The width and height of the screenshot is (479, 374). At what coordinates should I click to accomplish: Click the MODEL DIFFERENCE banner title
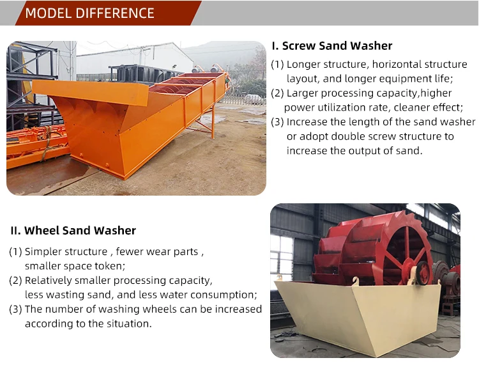[90, 13]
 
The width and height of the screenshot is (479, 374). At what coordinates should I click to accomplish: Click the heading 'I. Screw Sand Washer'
[332, 45]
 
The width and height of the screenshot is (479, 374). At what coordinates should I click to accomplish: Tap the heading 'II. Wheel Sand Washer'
[72, 230]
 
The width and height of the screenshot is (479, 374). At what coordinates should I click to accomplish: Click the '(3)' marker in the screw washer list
[277, 122]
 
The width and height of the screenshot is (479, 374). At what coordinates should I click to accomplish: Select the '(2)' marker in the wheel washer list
[15, 281]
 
